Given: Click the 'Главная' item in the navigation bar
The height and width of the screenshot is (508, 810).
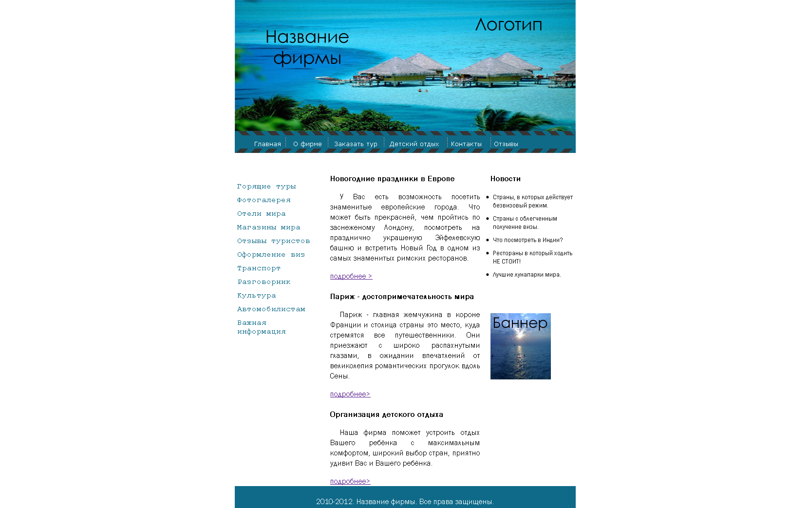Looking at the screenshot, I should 267,144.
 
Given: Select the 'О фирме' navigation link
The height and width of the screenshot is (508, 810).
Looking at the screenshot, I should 307,144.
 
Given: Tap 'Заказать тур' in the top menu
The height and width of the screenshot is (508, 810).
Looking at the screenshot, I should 356,144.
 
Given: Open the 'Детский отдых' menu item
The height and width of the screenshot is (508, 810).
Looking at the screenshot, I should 414,144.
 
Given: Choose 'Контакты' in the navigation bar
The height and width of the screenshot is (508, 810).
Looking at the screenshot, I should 466,144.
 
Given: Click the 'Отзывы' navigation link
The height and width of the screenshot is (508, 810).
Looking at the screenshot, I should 506,144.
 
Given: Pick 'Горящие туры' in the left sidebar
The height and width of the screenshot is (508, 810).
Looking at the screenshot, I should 266,187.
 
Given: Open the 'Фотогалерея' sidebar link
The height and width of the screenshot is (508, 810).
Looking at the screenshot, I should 264,200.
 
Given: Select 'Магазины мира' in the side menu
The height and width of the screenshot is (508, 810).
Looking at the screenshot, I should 268,227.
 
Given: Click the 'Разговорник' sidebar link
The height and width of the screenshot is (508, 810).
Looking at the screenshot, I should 264,282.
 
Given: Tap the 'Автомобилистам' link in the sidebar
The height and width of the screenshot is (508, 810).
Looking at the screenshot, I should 271,309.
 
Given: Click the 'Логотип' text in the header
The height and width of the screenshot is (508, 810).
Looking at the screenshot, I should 509,25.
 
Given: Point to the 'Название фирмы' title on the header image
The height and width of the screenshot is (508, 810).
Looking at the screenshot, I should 307,47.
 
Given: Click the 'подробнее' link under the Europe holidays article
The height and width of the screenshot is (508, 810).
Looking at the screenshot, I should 351,276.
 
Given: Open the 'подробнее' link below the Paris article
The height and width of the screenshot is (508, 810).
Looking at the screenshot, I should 350,394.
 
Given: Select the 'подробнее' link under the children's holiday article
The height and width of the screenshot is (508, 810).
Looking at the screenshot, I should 350,481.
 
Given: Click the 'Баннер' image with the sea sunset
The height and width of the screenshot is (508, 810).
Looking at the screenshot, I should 520,346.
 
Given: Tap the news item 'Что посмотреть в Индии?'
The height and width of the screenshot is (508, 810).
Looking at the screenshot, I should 527,240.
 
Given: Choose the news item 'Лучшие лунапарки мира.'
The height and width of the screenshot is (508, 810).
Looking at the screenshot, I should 527,275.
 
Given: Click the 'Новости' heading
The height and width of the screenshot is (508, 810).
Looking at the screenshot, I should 505,179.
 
